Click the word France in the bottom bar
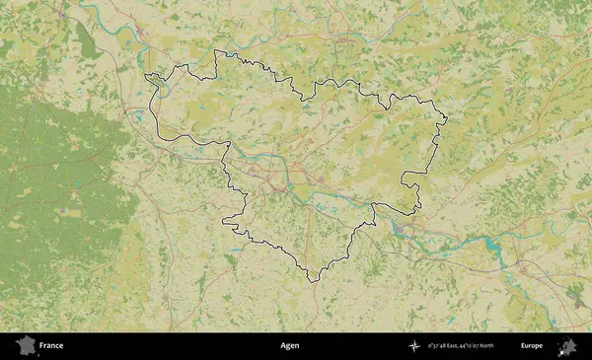(50, 346)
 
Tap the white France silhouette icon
(24, 346)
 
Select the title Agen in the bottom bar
(289, 346)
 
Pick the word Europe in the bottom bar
(532, 346)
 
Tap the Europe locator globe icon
(567, 346)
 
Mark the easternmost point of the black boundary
(447, 121)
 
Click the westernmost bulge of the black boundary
(146, 77)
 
